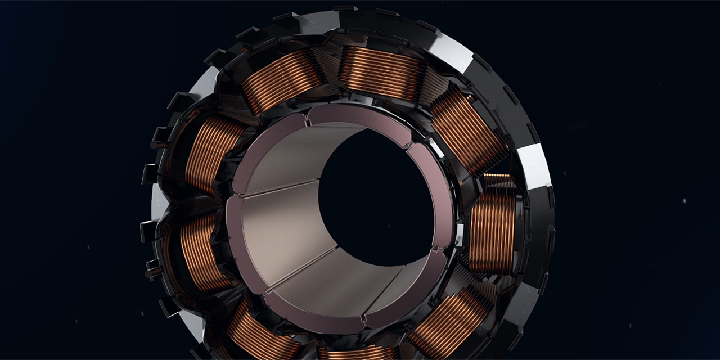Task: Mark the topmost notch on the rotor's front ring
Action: pyautogui.click(x=307, y=119)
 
